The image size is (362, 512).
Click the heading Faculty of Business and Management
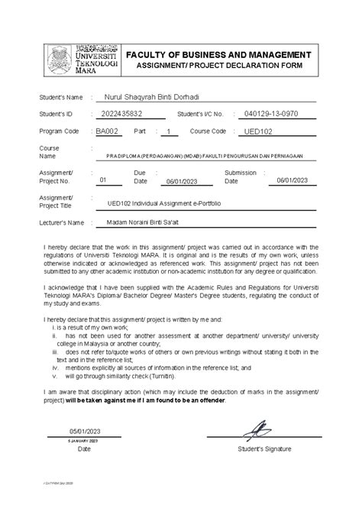218,55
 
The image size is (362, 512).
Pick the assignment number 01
105,180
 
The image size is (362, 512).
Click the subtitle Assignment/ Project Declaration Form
219,66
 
